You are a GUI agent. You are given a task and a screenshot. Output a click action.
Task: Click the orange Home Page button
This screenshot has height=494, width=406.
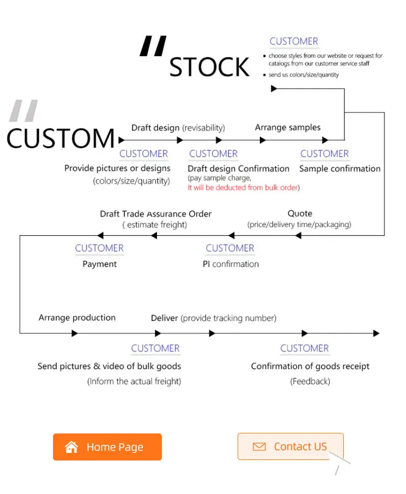pos(107,447)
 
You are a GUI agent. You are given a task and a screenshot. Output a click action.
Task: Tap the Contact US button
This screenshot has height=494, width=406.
pos(291,446)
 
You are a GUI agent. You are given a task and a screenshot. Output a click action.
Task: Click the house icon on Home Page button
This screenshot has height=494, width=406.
pos(71,447)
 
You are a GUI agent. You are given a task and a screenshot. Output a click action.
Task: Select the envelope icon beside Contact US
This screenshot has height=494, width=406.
pos(259,446)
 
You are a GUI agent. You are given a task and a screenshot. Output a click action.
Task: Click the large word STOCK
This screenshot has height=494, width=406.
pos(209,68)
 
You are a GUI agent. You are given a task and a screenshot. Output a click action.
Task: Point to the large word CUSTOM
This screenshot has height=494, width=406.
pos(61,138)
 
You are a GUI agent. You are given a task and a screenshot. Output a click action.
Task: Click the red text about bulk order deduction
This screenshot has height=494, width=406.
pos(244,188)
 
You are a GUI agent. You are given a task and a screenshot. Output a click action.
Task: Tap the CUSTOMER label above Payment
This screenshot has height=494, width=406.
pos(99,248)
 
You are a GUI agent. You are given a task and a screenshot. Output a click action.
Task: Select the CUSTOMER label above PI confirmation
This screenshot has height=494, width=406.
pos(230,248)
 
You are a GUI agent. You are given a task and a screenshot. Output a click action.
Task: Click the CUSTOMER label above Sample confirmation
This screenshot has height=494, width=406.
pos(324,153)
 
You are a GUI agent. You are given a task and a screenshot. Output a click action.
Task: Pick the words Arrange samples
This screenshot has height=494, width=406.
pos(287,128)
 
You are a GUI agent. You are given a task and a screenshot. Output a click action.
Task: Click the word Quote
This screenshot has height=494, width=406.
pos(299,213)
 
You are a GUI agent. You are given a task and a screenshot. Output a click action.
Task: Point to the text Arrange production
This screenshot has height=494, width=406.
pos(77,317)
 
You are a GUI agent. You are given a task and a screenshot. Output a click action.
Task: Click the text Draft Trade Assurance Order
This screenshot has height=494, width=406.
pos(155,214)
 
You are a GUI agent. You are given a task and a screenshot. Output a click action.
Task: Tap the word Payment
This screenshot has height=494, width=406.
pos(99,264)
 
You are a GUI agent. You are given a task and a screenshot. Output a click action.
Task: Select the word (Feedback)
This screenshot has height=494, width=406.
pos(310,381)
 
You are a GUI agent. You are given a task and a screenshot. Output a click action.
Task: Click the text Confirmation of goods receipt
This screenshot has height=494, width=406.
pos(310,366)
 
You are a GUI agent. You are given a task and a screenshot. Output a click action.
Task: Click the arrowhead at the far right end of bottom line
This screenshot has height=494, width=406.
pos(376,333)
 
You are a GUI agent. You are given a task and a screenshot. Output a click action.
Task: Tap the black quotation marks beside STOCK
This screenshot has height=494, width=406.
pos(153,46)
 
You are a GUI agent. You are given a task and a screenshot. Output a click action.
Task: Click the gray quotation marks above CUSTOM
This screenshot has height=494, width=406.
pos(24,110)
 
